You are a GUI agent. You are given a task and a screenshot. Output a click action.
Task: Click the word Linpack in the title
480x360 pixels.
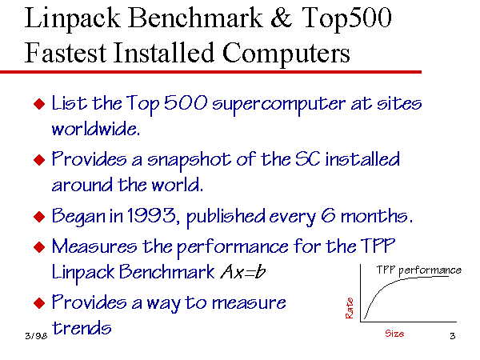click(72, 18)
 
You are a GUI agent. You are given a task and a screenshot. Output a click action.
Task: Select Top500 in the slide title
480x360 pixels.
click(347, 18)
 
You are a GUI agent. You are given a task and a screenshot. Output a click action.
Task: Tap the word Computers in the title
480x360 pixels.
click(286, 54)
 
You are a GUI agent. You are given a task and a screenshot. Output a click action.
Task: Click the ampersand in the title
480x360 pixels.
click(282, 18)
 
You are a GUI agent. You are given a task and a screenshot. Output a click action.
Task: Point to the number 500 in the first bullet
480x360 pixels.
click(186, 102)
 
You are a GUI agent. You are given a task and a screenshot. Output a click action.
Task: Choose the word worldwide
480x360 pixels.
click(96, 129)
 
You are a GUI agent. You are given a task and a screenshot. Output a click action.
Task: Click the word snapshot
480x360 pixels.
click(189, 161)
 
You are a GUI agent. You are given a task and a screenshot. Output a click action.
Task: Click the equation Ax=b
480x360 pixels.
click(243, 271)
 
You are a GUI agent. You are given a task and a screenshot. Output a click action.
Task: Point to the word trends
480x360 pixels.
click(82, 328)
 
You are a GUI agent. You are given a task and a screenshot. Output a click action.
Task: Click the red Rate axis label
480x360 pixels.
click(350, 308)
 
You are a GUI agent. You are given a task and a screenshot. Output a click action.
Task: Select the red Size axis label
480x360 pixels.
click(394, 334)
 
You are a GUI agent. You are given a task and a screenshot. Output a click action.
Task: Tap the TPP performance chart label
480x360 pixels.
click(418, 270)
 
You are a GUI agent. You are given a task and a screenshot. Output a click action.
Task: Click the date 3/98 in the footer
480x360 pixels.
click(36, 336)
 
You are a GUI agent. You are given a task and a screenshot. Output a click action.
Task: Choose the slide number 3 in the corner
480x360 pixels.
click(453, 336)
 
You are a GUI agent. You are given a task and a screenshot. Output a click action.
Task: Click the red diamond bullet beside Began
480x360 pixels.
click(39, 217)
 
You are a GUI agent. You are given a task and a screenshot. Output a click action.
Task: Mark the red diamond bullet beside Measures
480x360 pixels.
click(39, 247)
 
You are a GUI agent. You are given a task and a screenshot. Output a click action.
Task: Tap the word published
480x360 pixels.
click(226, 217)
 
